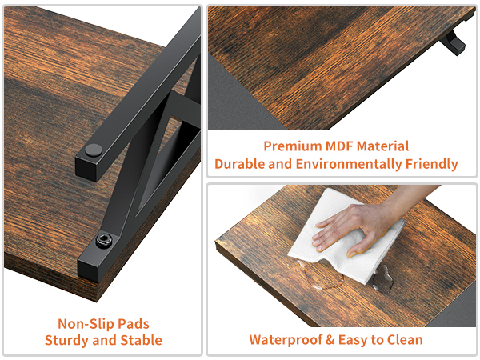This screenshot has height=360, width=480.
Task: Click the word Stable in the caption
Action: pos(141,341)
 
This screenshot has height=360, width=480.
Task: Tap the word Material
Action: pos(382,146)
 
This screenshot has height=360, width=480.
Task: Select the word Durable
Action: pos(240,164)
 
